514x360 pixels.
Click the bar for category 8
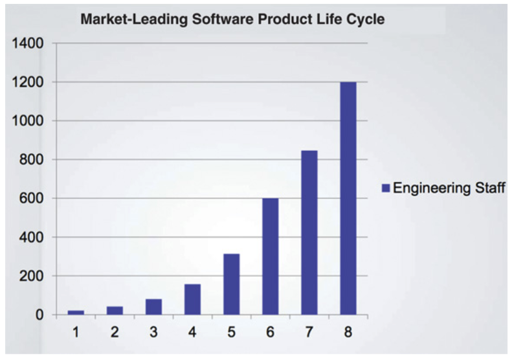coord(348,198)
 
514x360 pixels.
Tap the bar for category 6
coord(270,256)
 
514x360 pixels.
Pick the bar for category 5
coord(231,284)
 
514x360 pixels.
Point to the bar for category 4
coord(192,299)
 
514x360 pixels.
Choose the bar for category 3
coord(153,307)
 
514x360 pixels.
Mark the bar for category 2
coord(115,310)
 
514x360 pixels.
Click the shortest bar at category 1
coord(76,312)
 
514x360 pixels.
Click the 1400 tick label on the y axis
coord(27,44)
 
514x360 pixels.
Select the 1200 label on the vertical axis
coord(27,83)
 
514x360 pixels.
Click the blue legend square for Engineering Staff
coord(385,188)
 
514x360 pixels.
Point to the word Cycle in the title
coord(364,19)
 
